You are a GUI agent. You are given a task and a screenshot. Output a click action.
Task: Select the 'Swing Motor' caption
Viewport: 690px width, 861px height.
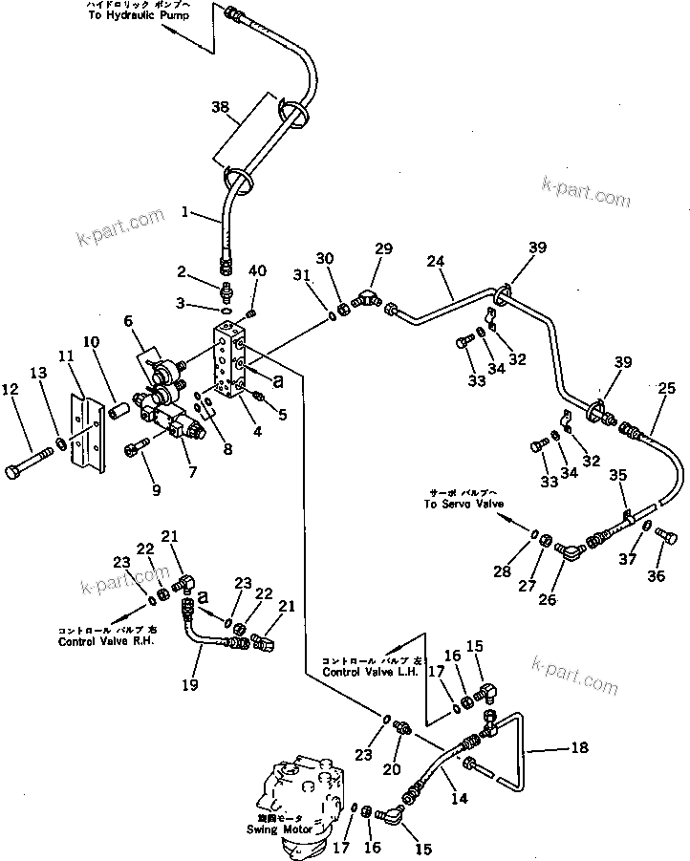click(286, 829)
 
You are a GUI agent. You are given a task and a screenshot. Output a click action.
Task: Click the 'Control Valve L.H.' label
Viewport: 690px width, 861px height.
click(370, 673)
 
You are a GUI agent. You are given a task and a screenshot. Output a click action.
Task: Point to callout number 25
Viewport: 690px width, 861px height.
click(666, 388)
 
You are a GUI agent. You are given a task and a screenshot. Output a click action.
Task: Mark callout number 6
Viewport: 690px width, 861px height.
click(127, 322)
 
